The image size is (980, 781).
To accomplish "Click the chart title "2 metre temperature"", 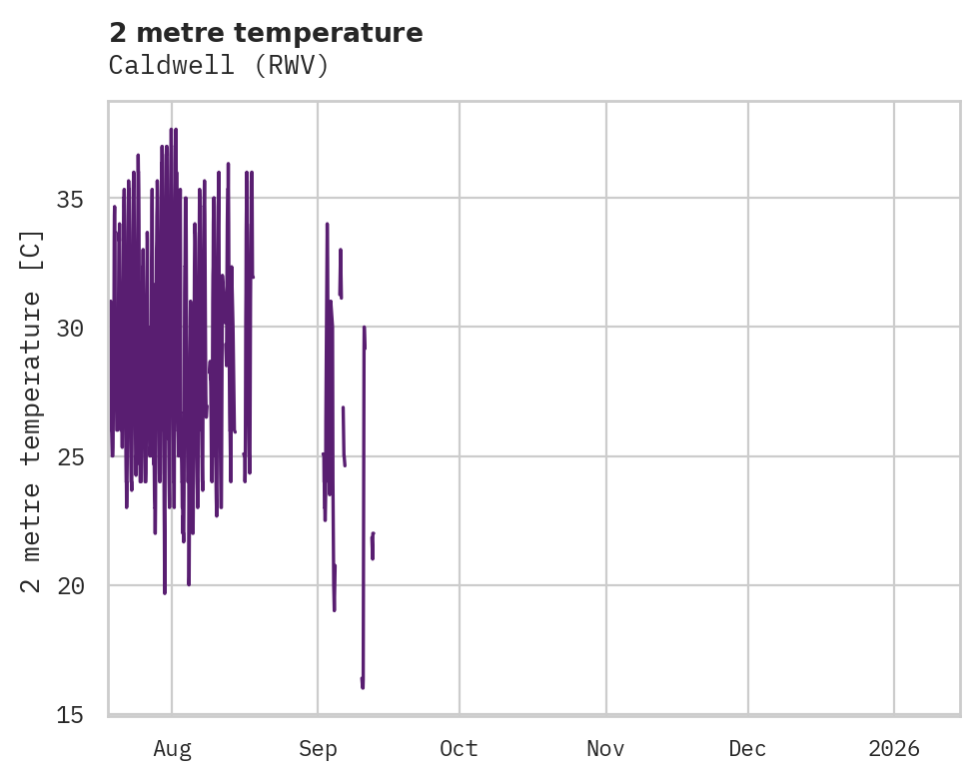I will pyautogui.click(x=266, y=33).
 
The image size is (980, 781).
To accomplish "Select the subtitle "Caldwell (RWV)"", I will pyautogui.click(x=219, y=66).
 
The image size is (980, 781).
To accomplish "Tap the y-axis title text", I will pyautogui.click(x=32, y=411).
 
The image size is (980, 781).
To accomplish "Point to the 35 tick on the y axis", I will pyautogui.click(x=82, y=199).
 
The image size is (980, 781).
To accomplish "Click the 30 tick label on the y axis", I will pyautogui.click(x=82, y=328).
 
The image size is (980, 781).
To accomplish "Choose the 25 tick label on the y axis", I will pyautogui.click(x=82, y=456).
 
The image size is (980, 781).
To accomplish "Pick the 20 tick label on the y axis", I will pyautogui.click(x=82, y=585).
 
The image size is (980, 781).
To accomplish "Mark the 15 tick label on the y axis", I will pyautogui.click(x=82, y=714).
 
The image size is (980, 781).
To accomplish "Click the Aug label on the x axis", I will pyautogui.click(x=172, y=749).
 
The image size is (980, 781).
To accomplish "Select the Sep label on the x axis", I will pyautogui.click(x=318, y=749).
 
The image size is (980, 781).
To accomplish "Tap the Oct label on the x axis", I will pyautogui.click(x=460, y=749).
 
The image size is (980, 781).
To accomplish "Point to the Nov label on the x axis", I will pyautogui.click(x=605, y=749).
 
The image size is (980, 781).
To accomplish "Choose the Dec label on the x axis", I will pyautogui.click(x=747, y=749).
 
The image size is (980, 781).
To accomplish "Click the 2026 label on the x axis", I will pyautogui.click(x=894, y=749).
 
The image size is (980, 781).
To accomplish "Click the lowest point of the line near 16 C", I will pyautogui.click(x=363, y=686).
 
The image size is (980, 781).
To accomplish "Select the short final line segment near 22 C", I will pyautogui.click(x=372, y=545).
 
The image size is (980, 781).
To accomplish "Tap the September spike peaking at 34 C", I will pyautogui.click(x=327, y=225).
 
